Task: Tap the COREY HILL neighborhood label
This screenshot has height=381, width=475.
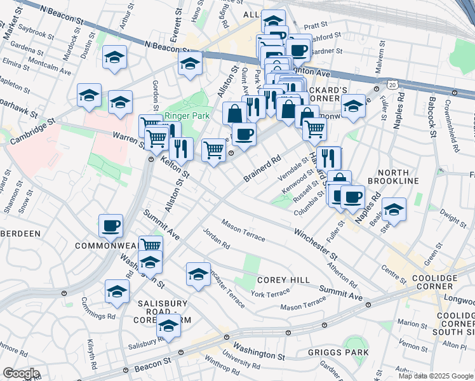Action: (283, 280)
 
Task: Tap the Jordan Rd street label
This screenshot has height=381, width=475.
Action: (216, 240)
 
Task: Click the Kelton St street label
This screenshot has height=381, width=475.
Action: (175, 168)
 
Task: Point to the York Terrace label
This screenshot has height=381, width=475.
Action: (270, 294)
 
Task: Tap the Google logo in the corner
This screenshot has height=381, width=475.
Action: (21, 373)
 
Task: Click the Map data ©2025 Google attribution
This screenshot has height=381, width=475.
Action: (435, 376)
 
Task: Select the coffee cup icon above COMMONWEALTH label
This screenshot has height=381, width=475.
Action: (110, 225)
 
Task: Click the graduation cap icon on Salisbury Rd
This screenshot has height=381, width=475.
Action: (168, 325)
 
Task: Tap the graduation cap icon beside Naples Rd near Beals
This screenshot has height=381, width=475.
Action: (394, 210)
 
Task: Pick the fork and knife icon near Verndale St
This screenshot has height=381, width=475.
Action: (329, 156)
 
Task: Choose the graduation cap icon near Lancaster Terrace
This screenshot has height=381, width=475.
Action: (198, 274)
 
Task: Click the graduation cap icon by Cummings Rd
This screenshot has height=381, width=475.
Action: (117, 291)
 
